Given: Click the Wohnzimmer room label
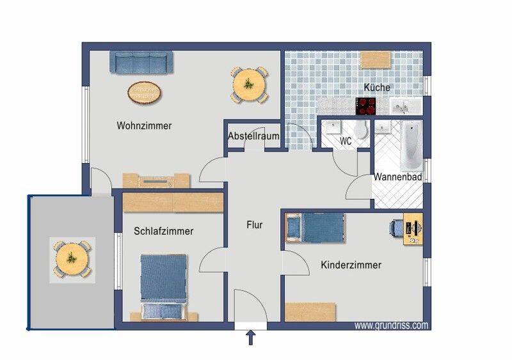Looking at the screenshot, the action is pyautogui.click(x=144, y=126).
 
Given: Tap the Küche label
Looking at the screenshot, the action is pyautogui.click(x=377, y=88).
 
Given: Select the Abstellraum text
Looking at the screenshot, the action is pyautogui.click(x=253, y=136).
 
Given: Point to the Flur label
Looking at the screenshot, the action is pyautogui.click(x=254, y=225).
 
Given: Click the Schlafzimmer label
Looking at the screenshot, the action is pyautogui.click(x=164, y=231).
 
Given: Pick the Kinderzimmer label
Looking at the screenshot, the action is pyautogui.click(x=351, y=265).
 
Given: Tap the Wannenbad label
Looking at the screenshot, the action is pyautogui.click(x=397, y=177).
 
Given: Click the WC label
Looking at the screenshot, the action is pyautogui.click(x=346, y=141).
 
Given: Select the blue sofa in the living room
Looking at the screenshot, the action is pyautogui.click(x=141, y=62).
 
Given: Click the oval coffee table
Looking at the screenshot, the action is pyautogui.click(x=145, y=93).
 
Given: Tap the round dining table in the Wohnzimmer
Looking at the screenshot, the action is pyautogui.click(x=249, y=85).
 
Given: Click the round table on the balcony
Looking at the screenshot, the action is pyautogui.click(x=72, y=260).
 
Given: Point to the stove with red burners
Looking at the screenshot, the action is pyautogui.click(x=365, y=106).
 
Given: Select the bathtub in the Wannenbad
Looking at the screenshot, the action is pyautogui.click(x=412, y=146).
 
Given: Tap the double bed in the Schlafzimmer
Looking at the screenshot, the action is pyautogui.click(x=164, y=287).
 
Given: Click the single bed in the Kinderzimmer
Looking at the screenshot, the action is pyautogui.click(x=315, y=228).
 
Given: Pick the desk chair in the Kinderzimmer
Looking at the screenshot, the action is pyautogui.click(x=396, y=227).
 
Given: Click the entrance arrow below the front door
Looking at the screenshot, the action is pyautogui.click(x=251, y=338).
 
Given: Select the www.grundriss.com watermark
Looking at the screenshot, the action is pyautogui.click(x=391, y=325).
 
